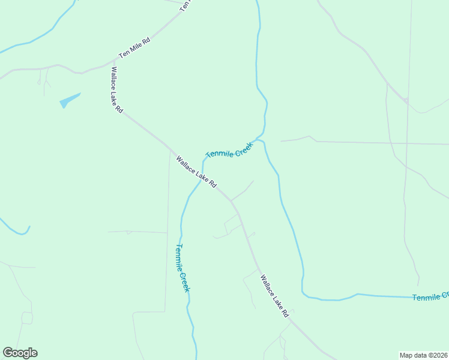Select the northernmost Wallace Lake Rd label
116,89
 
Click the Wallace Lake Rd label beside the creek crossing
196,172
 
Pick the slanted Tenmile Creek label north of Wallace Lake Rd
230,150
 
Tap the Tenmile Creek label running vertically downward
183,268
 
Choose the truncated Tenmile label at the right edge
430,296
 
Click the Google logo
20,353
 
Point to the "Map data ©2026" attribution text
424,355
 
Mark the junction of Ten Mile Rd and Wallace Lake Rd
113,60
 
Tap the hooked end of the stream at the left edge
27,229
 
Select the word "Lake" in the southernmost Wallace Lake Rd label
276,296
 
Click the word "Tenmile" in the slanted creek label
220,154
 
